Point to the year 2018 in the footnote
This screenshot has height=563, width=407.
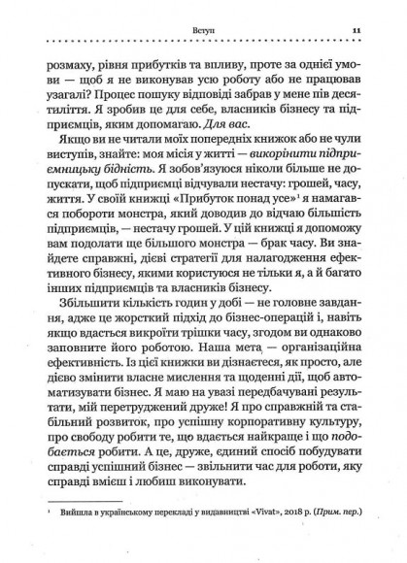pos(286,547)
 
